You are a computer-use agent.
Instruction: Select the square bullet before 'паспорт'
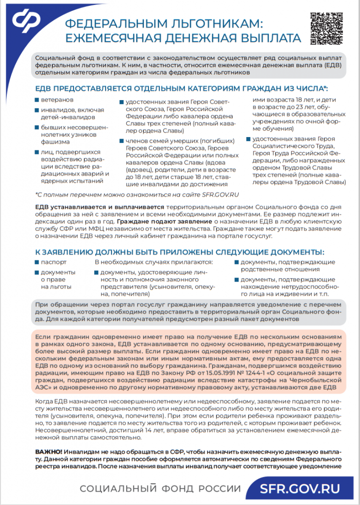(x=37, y=262)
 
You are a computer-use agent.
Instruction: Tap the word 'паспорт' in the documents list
(x=54, y=262)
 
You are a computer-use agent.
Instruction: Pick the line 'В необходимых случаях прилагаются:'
(x=153, y=262)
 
